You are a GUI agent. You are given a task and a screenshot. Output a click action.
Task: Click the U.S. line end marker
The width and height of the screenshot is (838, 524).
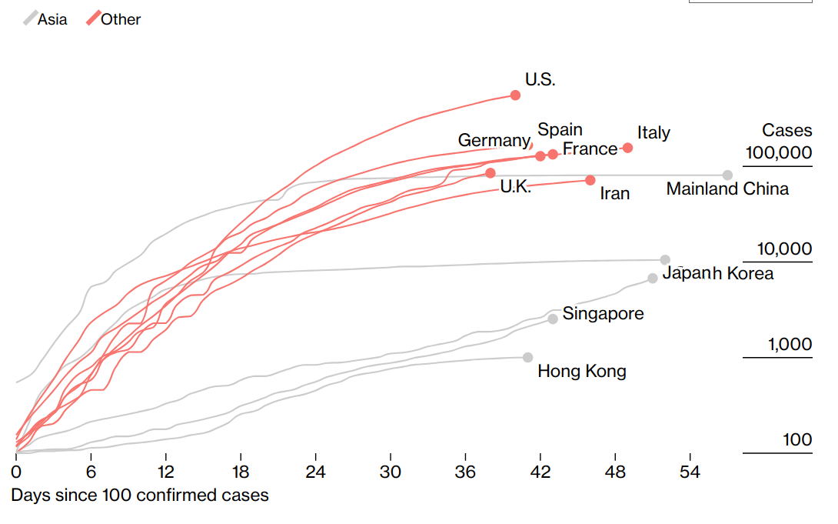[515, 95]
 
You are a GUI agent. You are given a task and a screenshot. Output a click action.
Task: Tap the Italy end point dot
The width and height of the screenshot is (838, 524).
[627, 148]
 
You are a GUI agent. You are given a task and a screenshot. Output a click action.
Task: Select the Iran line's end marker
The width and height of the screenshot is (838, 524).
[590, 180]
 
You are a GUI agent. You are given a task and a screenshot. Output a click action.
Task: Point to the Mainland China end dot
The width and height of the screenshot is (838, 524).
[727, 175]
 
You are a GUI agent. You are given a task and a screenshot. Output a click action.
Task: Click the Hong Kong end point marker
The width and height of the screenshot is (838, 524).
[527, 357]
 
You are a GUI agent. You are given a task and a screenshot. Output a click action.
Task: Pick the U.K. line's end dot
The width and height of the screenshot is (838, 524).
[490, 173]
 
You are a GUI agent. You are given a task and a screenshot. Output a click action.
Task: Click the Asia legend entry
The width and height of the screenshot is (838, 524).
[45, 19]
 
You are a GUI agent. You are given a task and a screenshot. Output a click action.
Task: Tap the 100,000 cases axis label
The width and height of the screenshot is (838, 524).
[778, 152]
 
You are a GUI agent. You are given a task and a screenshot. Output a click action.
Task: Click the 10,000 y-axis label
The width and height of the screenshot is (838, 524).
[784, 249]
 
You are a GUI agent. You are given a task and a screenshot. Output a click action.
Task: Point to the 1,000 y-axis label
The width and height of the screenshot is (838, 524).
[790, 345]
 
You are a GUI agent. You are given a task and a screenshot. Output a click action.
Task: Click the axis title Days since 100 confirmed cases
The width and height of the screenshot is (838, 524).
[140, 495]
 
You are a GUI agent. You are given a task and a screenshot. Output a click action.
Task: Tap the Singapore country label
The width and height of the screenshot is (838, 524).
[603, 314]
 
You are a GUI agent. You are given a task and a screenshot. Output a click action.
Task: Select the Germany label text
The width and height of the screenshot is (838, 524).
[493, 140]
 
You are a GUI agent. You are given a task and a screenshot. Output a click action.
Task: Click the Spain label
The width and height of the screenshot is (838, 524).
[560, 129]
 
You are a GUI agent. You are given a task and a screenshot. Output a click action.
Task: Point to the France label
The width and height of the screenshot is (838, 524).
[590, 149]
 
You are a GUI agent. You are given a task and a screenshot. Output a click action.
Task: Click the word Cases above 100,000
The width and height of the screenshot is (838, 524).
[786, 131]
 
